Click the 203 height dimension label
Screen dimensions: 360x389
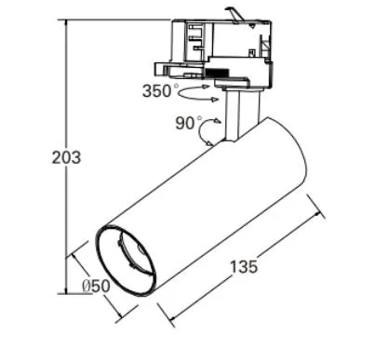coord(65,158)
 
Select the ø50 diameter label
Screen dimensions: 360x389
coord(92,287)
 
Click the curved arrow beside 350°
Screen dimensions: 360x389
coord(200,93)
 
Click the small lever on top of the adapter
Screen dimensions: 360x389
coord(237,13)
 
